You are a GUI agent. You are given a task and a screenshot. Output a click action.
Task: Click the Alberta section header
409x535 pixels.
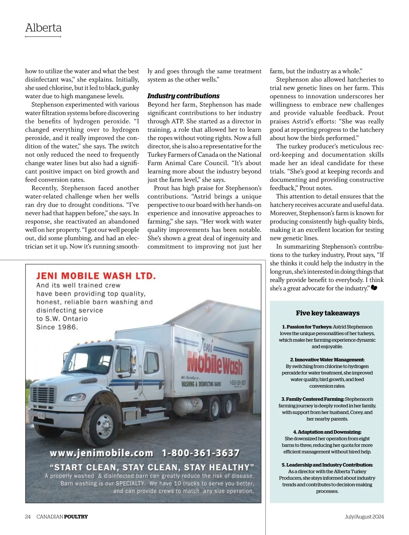[x=43, y=28]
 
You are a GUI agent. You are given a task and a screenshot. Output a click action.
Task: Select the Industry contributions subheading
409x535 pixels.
[x=183, y=96]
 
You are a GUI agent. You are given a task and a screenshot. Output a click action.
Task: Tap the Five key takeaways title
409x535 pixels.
[x=328, y=313]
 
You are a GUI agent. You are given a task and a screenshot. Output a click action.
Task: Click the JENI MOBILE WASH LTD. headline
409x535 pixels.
[x=96, y=276]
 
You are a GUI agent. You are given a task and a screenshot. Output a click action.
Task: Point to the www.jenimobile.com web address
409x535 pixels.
[x=101, y=453]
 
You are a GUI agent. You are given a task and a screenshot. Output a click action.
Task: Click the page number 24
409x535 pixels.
[x=28, y=517]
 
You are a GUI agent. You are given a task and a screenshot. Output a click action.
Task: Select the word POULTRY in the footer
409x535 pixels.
[x=76, y=517]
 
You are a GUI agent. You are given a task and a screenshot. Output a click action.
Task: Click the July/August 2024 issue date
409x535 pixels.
[x=364, y=517]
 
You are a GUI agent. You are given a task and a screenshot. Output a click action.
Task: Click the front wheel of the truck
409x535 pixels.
[x=104, y=426]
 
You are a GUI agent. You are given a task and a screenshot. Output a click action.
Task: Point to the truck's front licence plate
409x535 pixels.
[x=41, y=416]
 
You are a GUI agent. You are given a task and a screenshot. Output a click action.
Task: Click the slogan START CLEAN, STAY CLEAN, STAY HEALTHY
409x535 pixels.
[x=152, y=467]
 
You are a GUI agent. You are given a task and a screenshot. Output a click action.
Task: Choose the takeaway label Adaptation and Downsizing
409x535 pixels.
[x=327, y=432]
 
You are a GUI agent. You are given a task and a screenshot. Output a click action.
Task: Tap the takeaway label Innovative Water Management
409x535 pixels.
[x=327, y=360]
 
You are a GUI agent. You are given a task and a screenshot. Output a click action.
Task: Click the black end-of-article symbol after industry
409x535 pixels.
[x=374, y=288]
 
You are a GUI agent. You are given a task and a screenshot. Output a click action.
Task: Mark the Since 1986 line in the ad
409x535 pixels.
[x=57, y=327]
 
